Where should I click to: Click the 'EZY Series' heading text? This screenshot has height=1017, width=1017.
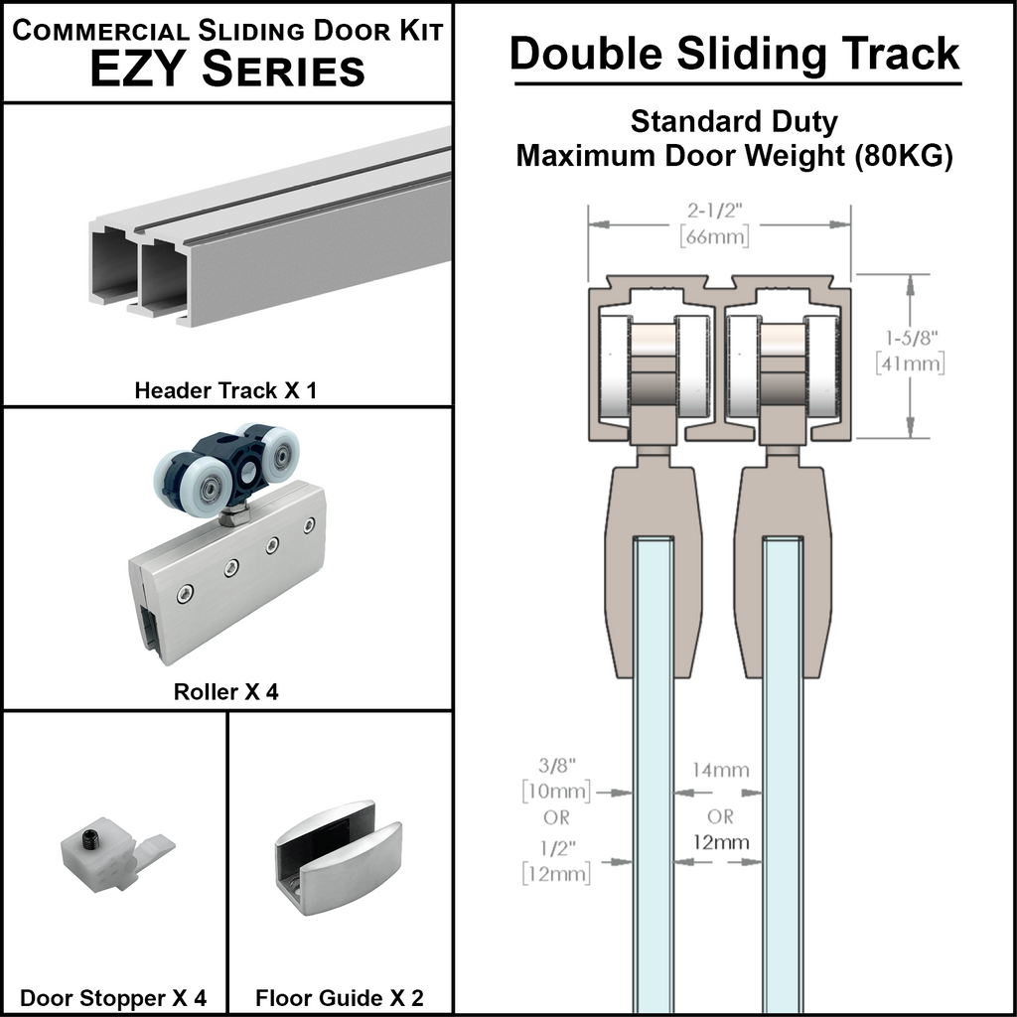click(227, 71)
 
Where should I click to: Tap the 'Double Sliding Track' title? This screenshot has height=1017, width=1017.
click(735, 54)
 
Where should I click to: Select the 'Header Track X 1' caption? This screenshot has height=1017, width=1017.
click(225, 390)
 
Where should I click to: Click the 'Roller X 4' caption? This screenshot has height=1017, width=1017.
click(226, 691)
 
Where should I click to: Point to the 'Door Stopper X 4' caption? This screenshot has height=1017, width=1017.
click(114, 997)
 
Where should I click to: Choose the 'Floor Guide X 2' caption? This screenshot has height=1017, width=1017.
click(340, 997)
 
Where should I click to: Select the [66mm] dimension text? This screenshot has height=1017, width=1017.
click(714, 237)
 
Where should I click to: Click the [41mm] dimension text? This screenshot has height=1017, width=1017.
click(911, 363)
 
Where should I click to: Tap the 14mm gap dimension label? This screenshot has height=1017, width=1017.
click(721, 770)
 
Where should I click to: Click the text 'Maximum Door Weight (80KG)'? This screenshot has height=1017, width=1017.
click(735, 156)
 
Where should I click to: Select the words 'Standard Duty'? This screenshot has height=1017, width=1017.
click(735, 122)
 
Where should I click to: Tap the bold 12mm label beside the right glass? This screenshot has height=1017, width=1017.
click(721, 842)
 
